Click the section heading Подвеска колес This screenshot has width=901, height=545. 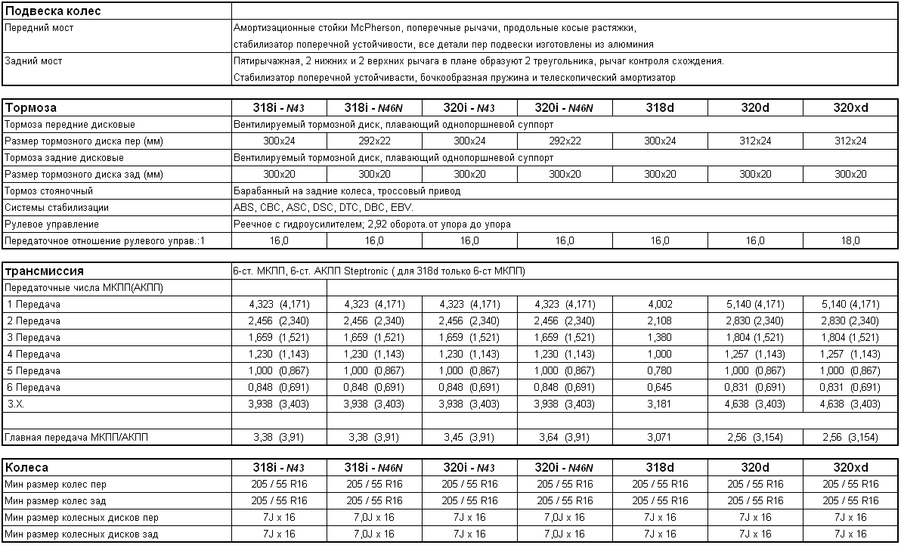pos(53,11)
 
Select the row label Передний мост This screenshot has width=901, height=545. pos(39,28)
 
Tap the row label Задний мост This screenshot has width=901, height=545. pos(33,61)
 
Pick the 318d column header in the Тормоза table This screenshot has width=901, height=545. pos(660,108)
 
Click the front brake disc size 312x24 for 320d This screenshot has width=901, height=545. pos(755,141)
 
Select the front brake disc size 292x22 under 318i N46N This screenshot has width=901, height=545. pos(374,141)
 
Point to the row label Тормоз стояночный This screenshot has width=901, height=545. pos(48,191)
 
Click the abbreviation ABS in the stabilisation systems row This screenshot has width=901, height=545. pos(245,208)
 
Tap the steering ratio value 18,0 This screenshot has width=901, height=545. pos(850,241)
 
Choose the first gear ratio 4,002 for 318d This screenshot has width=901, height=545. pos(660,305)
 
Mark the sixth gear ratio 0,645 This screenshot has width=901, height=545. pos(660,388)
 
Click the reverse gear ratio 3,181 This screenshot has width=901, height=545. pos(660,404)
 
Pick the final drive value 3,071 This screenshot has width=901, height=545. pos(660,438)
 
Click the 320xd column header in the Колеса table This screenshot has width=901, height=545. pos(850,468)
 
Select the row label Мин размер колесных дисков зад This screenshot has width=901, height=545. pos(82,534)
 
